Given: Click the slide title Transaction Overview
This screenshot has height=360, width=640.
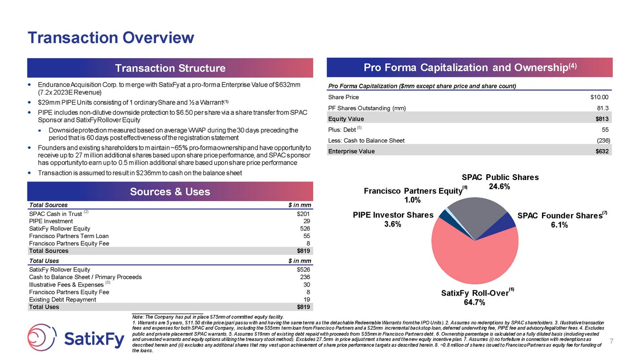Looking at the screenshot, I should (111, 37).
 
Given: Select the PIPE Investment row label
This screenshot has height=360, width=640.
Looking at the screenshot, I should (51, 221).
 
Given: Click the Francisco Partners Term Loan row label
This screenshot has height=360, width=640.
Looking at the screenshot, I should (69, 236).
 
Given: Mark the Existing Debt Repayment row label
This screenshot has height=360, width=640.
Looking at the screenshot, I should (62, 300).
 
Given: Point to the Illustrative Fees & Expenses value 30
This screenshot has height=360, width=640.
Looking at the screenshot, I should (306, 285).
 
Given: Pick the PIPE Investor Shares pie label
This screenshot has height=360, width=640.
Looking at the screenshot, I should (393, 215).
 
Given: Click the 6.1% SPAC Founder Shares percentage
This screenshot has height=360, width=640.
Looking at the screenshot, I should (559, 225).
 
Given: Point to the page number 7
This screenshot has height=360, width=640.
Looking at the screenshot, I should (612, 341).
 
